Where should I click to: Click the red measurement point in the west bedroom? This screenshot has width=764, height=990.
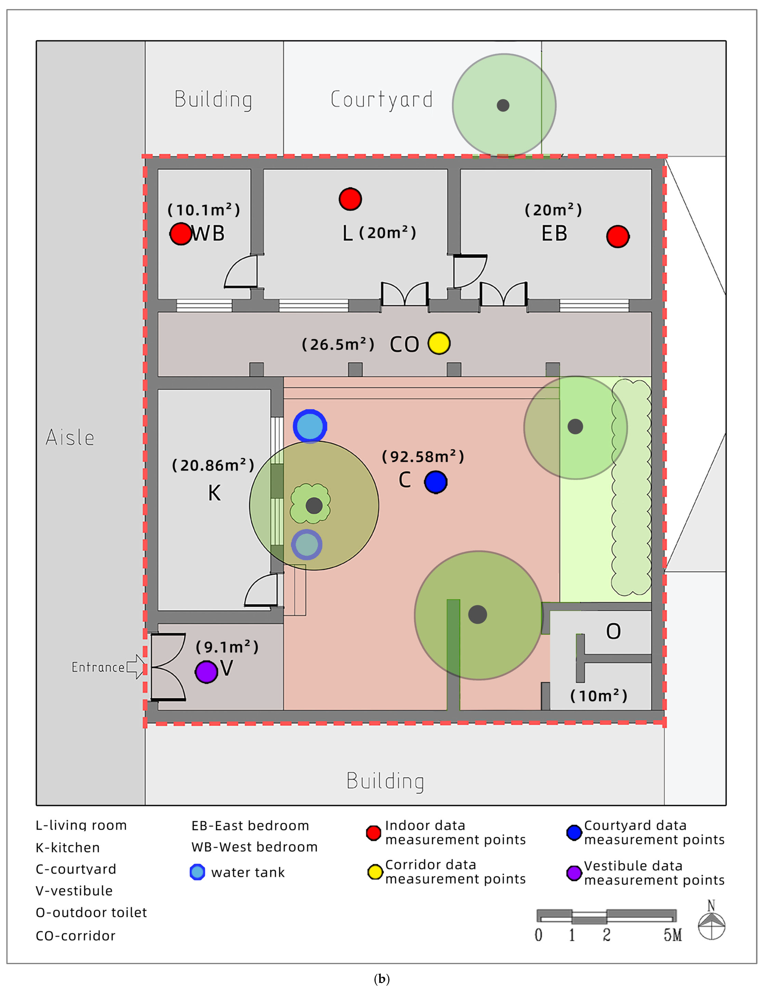181,234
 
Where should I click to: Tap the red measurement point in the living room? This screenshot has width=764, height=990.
350,199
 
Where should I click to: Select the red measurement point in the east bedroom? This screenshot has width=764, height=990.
617,236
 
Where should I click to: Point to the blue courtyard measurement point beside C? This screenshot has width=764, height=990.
435,482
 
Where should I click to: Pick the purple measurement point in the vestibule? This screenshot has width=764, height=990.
206,672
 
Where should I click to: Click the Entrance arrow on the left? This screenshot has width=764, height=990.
135,667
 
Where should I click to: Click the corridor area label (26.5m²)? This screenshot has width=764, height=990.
338,345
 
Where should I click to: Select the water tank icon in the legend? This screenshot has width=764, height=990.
197,872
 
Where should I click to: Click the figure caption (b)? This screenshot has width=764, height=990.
381,979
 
